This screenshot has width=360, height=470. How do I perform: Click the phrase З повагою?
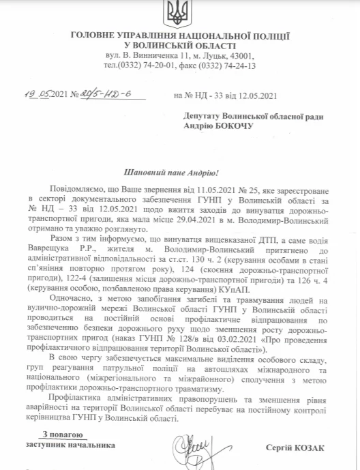tap(63, 435)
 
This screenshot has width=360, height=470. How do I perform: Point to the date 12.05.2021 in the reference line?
tap(253, 96)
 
